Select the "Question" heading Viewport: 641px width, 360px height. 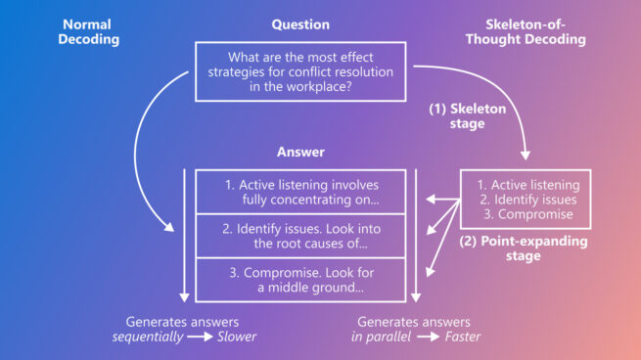(300, 24)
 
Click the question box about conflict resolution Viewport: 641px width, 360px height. (300, 71)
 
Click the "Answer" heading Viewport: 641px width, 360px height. (300, 153)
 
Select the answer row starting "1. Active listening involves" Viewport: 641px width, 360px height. (300, 192)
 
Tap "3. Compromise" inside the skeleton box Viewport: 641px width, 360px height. (525, 214)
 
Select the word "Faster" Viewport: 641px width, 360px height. (463, 337)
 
